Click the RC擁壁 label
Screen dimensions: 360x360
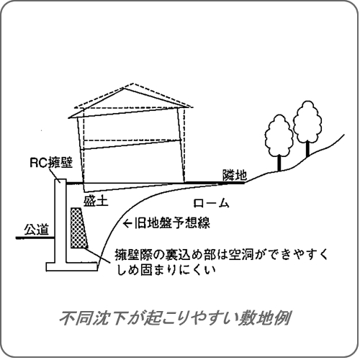(x=51, y=163)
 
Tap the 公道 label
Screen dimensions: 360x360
(x=37, y=229)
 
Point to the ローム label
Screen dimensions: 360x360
(x=211, y=203)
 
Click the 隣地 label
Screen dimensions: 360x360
(x=235, y=175)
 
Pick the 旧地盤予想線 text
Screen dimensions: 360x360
(x=172, y=222)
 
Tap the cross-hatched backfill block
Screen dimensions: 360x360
(x=78, y=228)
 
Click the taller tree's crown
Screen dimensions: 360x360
(x=307, y=122)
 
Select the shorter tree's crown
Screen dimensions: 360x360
(x=279, y=135)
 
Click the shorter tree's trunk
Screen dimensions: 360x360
(x=279, y=163)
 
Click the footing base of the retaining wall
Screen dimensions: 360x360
(x=72, y=267)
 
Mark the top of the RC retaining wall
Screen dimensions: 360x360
(x=60, y=179)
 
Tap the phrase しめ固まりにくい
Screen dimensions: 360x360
(x=166, y=270)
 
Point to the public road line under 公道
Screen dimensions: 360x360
(x=35, y=238)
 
